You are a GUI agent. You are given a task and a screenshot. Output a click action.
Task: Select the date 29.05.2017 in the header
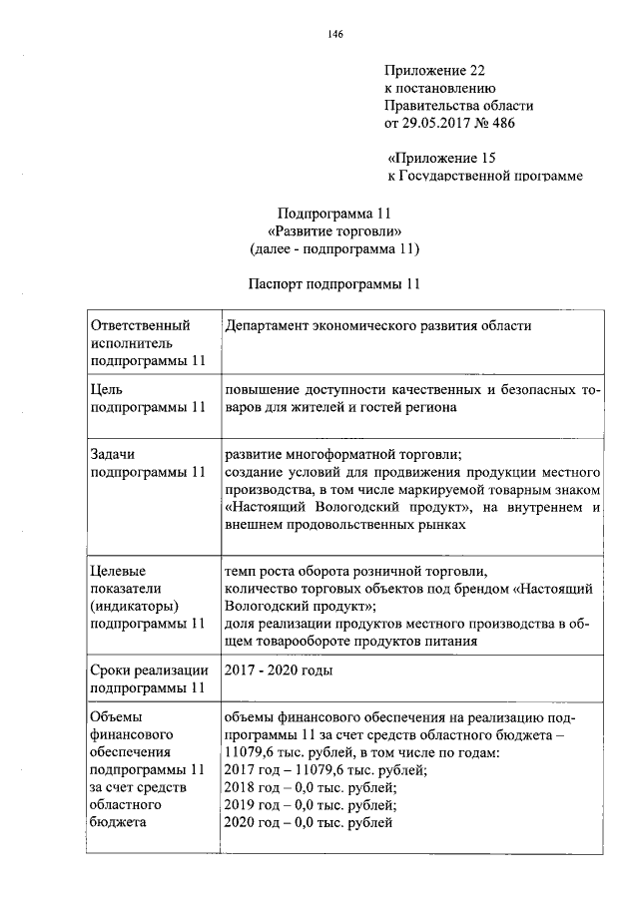440,124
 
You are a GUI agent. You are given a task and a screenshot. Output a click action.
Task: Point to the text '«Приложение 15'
440,158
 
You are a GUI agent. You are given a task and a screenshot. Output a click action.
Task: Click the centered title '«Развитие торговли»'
334,231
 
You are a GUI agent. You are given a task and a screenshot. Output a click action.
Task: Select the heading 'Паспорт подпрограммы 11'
334,283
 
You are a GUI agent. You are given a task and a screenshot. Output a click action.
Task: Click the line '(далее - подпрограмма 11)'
334,248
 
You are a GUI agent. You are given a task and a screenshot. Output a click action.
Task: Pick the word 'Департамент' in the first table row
269,325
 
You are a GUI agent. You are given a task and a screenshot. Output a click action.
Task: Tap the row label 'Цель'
107,390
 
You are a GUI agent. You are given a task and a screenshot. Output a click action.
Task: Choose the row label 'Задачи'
113,454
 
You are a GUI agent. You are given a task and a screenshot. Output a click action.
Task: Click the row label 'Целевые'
119,571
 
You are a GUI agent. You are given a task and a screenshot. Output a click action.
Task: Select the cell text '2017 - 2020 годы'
279,671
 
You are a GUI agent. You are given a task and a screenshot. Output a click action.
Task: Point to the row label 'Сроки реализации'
150,671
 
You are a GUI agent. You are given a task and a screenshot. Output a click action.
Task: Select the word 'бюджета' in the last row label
118,823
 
